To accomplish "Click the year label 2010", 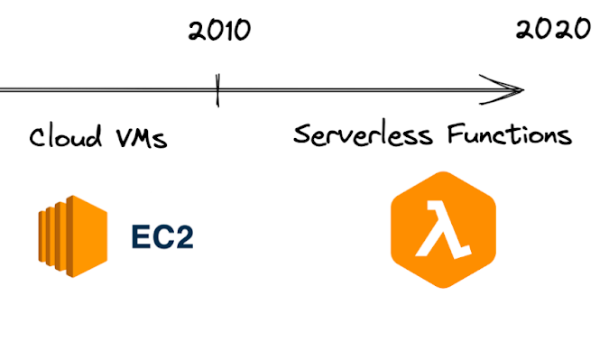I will point(219,31).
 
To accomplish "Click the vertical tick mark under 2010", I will point(217,91).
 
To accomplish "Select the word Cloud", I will point(62,139).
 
